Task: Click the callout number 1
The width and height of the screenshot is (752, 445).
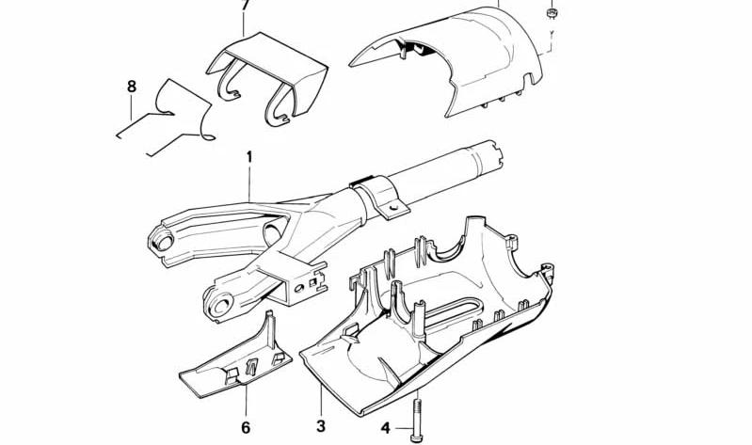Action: tap(249, 157)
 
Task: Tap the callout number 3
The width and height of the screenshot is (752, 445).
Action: tap(321, 425)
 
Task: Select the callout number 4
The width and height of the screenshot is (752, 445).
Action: tap(386, 428)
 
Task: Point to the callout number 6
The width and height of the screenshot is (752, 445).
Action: tap(246, 427)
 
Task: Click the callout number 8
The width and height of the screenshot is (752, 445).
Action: tap(132, 87)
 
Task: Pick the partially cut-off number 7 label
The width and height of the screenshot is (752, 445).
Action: tap(245, 5)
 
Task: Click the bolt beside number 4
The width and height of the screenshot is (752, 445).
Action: tap(417, 420)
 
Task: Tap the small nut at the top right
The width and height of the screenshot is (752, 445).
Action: tap(552, 13)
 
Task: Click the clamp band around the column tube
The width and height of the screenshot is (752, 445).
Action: tap(379, 197)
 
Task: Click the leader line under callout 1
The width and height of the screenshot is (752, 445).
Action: tap(249, 183)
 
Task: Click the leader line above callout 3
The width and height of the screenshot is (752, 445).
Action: tap(320, 398)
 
